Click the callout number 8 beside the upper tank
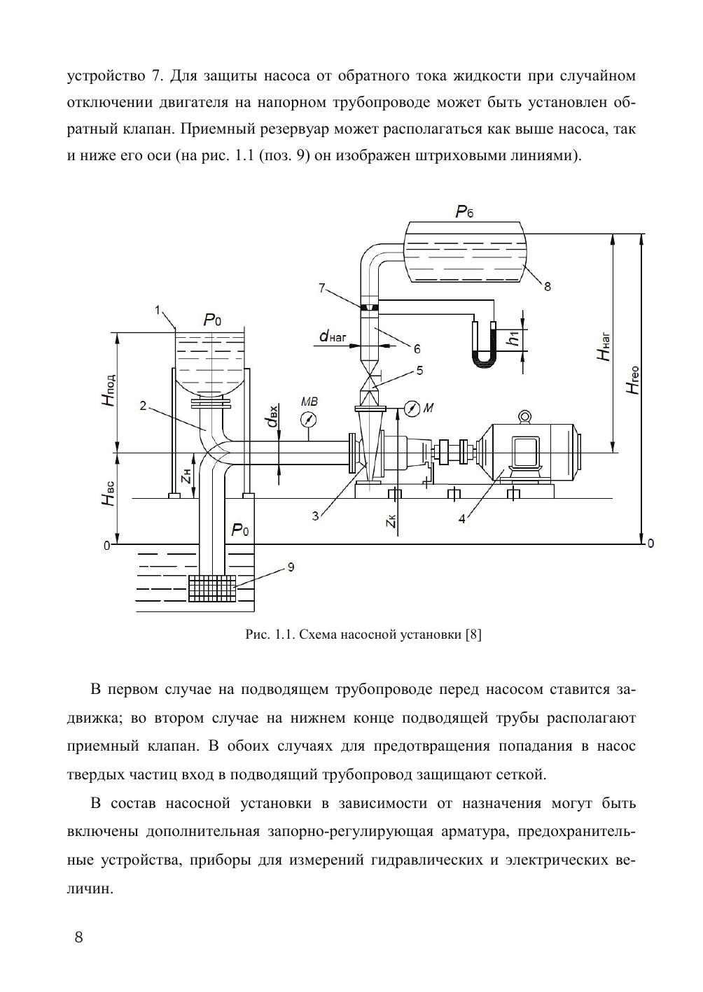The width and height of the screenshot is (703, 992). (x=548, y=285)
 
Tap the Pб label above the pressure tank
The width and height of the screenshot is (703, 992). (x=464, y=211)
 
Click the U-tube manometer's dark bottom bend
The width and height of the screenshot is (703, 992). (x=484, y=360)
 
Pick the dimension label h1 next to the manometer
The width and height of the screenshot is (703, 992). (x=515, y=339)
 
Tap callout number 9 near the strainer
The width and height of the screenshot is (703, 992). (x=290, y=568)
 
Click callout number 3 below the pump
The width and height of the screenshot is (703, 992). (x=316, y=516)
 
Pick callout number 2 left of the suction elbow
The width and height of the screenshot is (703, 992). (x=142, y=405)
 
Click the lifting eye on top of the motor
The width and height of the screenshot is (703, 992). (x=524, y=417)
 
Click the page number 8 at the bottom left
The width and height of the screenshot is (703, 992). (x=78, y=937)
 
